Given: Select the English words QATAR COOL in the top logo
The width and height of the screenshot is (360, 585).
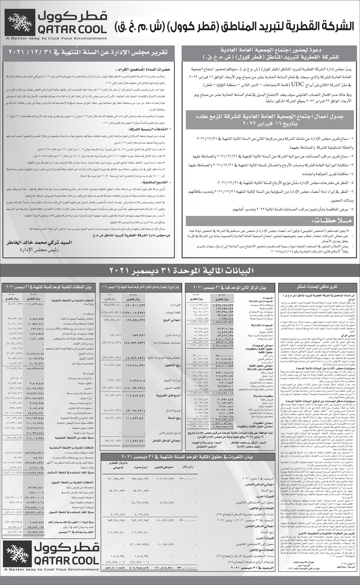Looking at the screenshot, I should [x=70, y=29].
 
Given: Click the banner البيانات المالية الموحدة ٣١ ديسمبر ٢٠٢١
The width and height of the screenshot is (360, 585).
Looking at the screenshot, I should [x=181, y=271].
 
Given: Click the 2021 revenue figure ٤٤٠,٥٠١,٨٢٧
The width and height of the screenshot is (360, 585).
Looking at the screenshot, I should [x=130, y=305].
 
